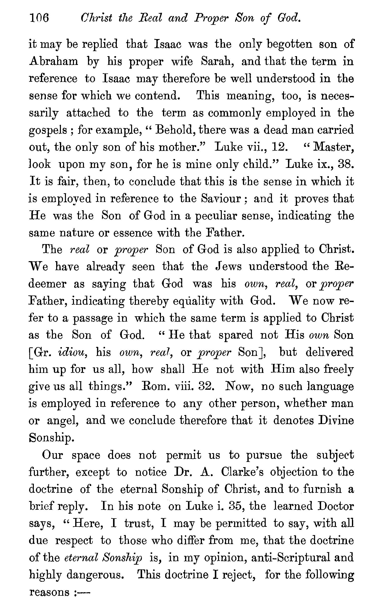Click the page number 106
[39, 19]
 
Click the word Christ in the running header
[96, 19]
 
